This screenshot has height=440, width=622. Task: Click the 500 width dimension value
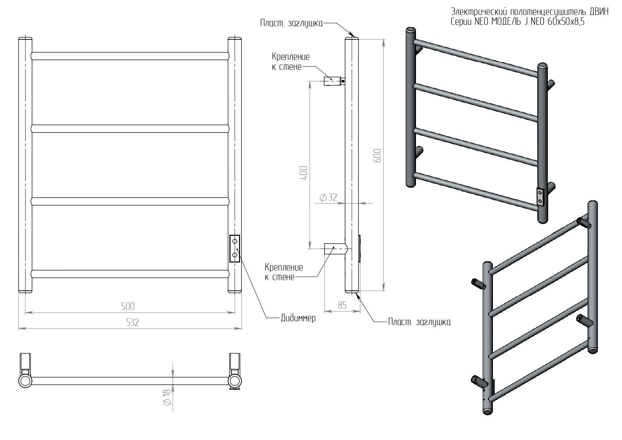[128, 306]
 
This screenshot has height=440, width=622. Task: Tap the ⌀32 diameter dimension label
[328, 197]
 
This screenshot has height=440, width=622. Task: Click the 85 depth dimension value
[342, 305]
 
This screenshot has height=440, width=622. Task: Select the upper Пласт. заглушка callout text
[291, 23]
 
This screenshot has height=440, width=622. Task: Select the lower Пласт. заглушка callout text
[420, 322]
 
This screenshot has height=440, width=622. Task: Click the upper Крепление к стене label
[291, 62]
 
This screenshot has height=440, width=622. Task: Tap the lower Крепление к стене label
[284, 272]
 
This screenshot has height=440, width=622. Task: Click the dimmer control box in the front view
[235, 249]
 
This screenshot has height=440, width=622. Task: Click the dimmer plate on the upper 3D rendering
[540, 197]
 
